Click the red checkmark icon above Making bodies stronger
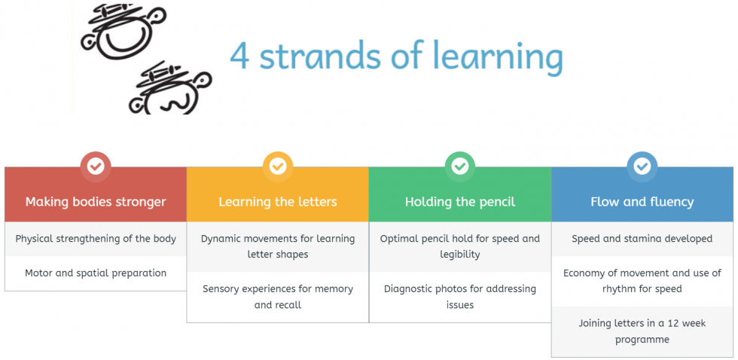(96, 166)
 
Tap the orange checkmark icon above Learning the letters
(278, 166)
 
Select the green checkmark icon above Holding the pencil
(460, 166)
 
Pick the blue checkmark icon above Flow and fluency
(642, 166)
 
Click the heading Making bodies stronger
(96, 202)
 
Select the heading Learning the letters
(278, 202)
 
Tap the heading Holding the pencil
(460, 202)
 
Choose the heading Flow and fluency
(642, 202)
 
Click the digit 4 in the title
(239, 56)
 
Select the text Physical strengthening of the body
(96, 239)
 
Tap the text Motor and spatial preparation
(96, 273)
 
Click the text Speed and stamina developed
(642, 239)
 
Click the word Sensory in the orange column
(221, 288)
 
